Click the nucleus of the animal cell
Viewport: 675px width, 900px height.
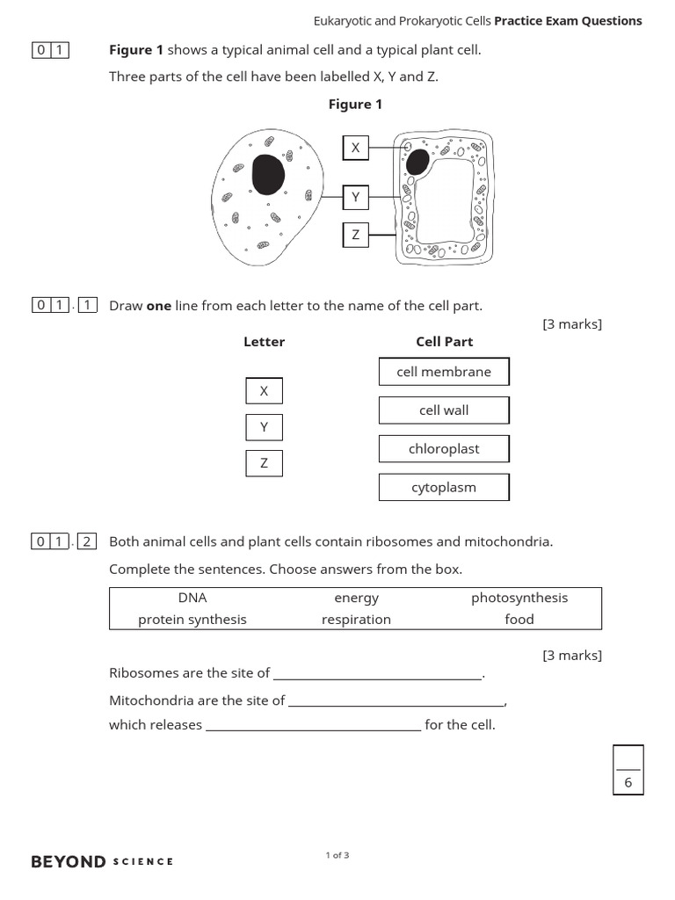(268, 174)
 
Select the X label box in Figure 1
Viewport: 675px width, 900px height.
(355, 149)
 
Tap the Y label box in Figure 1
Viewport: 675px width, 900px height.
(355, 198)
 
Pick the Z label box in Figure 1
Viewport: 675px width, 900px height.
(355, 235)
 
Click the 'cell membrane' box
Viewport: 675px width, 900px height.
(444, 372)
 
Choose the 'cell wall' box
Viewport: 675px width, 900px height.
(444, 410)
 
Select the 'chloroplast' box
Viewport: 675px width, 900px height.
(444, 449)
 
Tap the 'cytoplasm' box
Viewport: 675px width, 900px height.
(444, 488)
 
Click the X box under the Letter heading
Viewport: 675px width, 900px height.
(264, 391)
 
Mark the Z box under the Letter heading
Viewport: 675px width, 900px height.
(264, 463)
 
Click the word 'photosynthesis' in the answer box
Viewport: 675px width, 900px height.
(519, 598)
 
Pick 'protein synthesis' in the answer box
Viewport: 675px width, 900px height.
(192, 620)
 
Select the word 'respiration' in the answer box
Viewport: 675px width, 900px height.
(356, 620)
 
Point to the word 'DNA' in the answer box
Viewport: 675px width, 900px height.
(192, 598)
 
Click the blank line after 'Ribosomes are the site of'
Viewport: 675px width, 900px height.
(378, 674)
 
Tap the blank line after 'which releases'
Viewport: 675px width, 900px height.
(313, 726)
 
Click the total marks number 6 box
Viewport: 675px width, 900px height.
(628, 781)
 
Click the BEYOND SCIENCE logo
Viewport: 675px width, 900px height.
(102, 861)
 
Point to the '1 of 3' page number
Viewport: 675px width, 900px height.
(337, 855)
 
